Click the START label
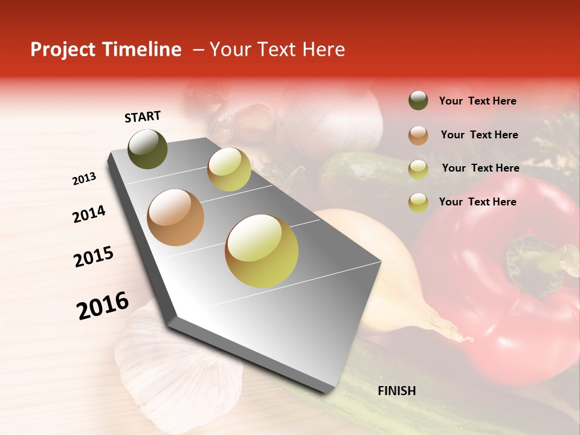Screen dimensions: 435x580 (x=143, y=117)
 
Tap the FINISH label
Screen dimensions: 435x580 (x=396, y=391)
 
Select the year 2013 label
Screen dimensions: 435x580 (x=85, y=179)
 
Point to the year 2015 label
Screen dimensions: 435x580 (x=94, y=257)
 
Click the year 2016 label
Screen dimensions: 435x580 (x=103, y=306)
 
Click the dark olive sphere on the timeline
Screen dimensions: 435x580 (x=148, y=149)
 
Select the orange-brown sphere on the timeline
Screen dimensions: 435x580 (x=176, y=217)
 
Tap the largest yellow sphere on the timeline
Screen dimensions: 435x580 (x=262, y=251)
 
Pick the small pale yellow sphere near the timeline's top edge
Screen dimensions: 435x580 (x=229, y=169)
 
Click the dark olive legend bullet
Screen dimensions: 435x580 (x=418, y=101)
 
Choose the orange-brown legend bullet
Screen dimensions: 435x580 (x=418, y=135)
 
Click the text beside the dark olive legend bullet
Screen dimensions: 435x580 (x=477, y=101)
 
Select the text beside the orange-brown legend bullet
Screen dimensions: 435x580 (x=479, y=135)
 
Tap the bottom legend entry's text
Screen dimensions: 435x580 (x=477, y=202)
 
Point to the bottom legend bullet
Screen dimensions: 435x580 (x=418, y=202)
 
